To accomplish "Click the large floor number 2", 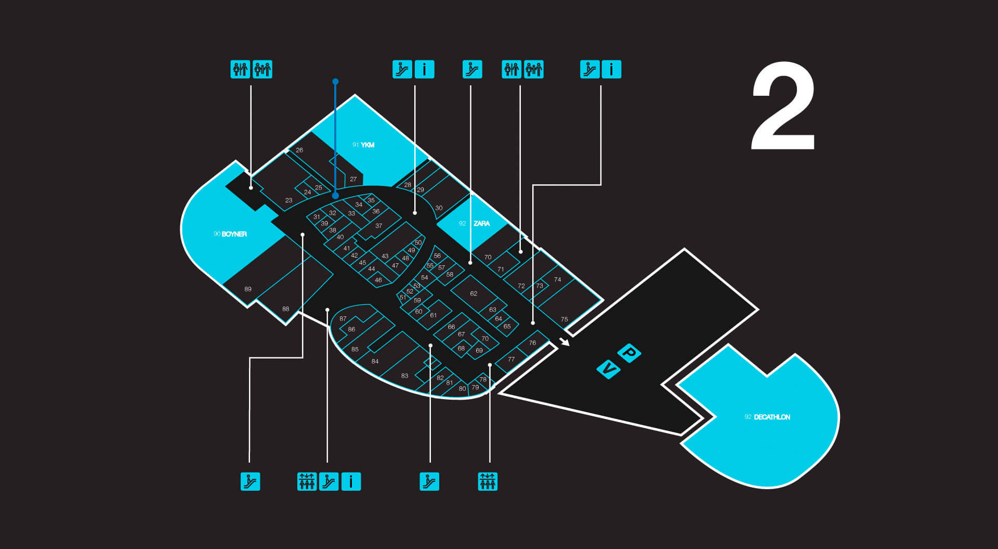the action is [x=783, y=106].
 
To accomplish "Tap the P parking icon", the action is [x=629, y=353].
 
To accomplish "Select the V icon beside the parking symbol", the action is [x=609, y=369].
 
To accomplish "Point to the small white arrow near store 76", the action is [x=564, y=341].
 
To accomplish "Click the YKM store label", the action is [x=367, y=145].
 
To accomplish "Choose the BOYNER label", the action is [x=234, y=234].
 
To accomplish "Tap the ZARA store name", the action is [x=481, y=223].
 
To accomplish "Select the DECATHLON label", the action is [x=772, y=417].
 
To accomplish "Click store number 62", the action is [x=474, y=293].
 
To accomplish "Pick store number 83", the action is [x=404, y=376].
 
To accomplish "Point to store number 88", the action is [x=285, y=309].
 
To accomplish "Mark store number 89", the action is [x=248, y=289].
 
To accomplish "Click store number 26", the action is [x=299, y=150].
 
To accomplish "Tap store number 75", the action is [x=564, y=320].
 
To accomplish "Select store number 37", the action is [x=378, y=226].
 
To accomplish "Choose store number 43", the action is [x=385, y=256].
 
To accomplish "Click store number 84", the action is [x=375, y=361].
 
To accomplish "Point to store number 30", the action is [x=439, y=208].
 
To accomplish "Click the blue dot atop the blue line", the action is [x=335, y=82].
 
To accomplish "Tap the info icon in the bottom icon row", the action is [x=351, y=481].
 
